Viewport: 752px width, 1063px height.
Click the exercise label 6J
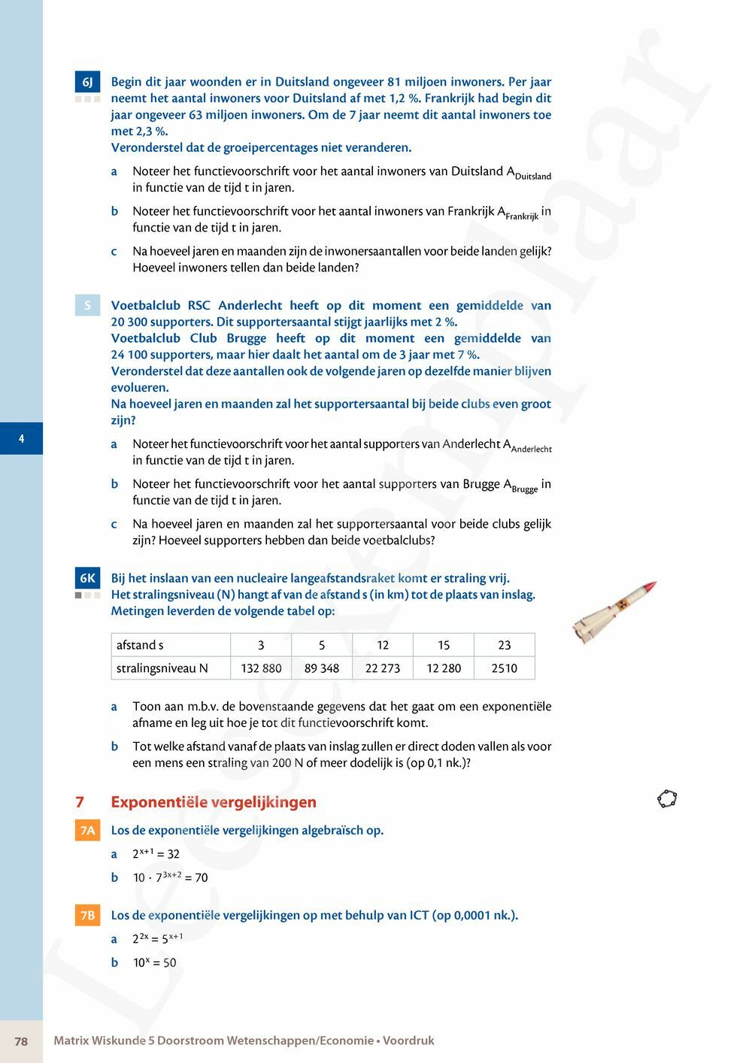coord(87,82)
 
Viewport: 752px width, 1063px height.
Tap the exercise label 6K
coord(87,578)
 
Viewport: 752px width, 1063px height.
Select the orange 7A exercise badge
coord(87,831)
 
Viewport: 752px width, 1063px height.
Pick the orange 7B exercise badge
coord(87,916)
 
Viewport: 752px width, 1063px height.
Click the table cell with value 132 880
coord(261,668)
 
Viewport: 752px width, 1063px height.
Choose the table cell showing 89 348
coord(322,668)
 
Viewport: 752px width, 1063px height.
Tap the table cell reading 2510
coord(504,668)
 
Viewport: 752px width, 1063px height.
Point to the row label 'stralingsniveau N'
coord(162,668)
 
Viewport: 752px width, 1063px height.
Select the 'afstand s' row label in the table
coord(140,645)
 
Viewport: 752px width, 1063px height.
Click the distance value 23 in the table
coord(504,645)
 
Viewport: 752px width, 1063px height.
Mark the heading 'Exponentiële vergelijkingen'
coord(214,802)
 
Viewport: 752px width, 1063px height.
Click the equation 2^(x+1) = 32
coord(156,854)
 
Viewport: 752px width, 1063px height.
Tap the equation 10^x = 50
coord(155,963)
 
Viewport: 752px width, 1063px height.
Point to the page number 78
coord(21,1041)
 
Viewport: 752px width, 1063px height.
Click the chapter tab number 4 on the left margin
coord(21,438)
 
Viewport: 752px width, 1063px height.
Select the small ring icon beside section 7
coord(667,798)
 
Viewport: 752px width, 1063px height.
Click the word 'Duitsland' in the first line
coord(302,82)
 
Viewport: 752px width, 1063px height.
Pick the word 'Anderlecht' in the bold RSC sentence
coord(250,306)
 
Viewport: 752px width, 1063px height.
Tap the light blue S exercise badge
coord(87,305)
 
